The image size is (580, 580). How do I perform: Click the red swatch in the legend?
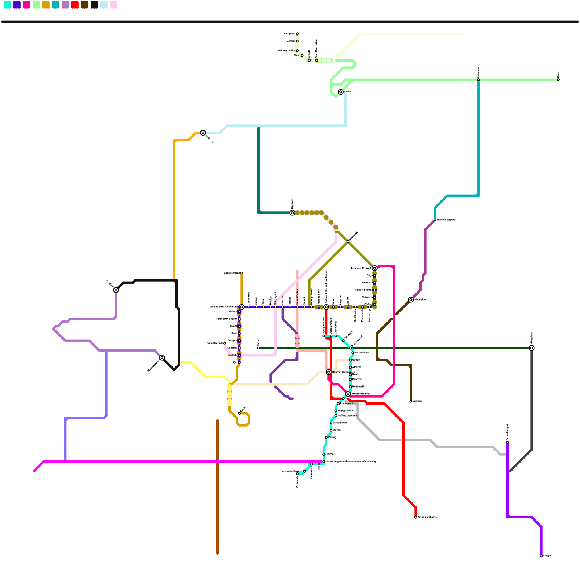(75, 5)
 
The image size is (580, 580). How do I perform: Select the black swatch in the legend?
(94, 5)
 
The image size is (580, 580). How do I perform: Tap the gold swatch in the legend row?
(46, 5)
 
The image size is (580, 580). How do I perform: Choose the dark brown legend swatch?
(84, 5)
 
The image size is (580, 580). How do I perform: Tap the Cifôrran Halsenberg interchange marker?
(328, 372)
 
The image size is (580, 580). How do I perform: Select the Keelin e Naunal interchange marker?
(348, 394)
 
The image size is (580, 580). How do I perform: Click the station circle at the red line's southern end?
(415, 517)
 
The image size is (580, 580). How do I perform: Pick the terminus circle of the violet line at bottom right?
(541, 556)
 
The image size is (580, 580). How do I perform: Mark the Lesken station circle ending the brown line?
(411, 401)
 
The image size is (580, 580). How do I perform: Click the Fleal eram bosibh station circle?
(239, 319)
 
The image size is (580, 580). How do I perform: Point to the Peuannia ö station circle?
(338, 403)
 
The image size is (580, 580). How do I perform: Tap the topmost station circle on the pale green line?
(297, 34)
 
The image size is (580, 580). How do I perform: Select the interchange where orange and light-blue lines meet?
(203, 133)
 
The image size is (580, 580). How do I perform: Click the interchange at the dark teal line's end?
(292, 213)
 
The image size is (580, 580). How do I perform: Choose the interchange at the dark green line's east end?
(531, 348)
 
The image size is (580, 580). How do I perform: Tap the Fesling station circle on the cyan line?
(326, 438)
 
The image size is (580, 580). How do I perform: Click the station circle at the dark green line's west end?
(258, 348)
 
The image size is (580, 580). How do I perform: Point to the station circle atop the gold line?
(241, 273)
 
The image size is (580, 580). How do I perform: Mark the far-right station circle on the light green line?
(558, 80)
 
